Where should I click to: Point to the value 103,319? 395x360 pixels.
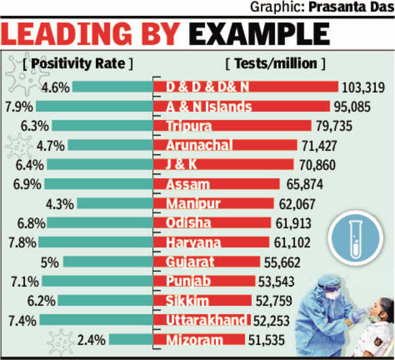[366, 87]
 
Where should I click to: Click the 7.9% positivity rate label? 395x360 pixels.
[18, 106]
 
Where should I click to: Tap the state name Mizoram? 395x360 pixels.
[194, 340]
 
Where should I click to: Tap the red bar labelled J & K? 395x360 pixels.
[223, 165]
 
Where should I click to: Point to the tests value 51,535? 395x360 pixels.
[271, 340]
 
